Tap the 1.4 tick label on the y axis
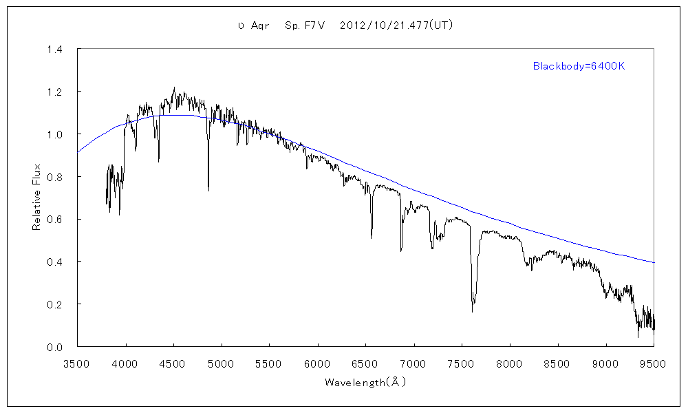[55, 50]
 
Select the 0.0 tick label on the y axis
[55, 347]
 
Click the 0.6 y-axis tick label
[55, 220]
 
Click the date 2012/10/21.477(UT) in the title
[396, 25]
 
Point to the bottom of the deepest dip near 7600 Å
[473, 311]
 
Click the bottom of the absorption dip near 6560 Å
[372, 237]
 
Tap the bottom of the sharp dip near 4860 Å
[208, 189]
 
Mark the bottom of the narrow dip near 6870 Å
[401, 251]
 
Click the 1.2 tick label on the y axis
[55, 92]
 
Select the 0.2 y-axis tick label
[55, 304]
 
